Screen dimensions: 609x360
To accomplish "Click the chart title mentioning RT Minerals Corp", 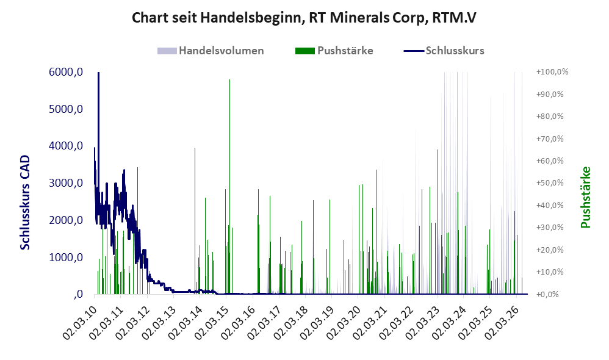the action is pos(304,18).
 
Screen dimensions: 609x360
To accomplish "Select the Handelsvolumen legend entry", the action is pos(211,51).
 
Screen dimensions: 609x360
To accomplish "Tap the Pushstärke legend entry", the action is pos(334,51).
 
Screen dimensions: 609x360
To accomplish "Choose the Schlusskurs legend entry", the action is pos(444,51).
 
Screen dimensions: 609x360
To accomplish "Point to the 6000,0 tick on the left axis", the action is pos(66,72).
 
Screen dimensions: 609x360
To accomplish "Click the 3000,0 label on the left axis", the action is pos(66,183).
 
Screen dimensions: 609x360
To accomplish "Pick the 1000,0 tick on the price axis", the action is pos(66,257).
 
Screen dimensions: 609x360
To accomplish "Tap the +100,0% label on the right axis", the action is pos(552,72).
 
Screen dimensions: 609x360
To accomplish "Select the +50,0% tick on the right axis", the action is pos(550,183).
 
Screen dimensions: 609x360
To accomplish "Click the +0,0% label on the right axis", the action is pos(547,294).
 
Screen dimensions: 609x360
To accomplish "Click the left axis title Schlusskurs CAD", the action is pos(25,202).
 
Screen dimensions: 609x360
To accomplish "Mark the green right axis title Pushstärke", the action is pos(585,197).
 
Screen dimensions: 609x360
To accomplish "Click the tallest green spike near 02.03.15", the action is pos(229,187).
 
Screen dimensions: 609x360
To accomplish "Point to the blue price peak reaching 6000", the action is pos(99,73).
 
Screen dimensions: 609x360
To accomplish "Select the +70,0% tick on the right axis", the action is pos(550,139).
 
